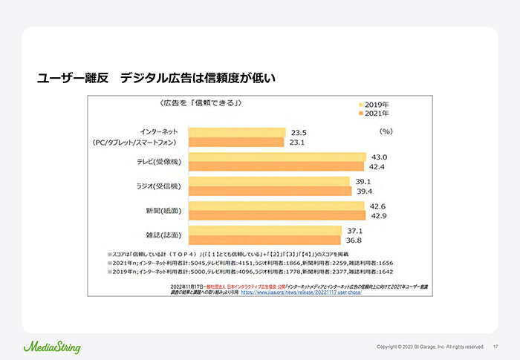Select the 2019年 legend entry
click(379, 105)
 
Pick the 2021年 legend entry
click(379, 114)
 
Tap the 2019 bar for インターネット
click(237, 132)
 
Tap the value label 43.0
click(380, 157)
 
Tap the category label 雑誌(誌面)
click(162, 235)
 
